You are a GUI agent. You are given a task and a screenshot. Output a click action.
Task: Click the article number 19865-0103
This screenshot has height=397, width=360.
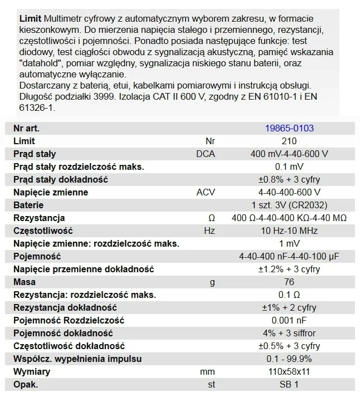tap(289, 128)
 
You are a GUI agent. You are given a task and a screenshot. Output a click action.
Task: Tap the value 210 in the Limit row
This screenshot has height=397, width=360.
tap(289, 141)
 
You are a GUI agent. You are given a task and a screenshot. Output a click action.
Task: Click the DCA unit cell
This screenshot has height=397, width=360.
tap(210, 154)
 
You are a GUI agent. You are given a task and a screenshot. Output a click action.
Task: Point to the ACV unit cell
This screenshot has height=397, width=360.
tap(210, 192)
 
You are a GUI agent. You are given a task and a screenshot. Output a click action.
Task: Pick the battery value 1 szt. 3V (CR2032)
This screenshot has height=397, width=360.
tap(289, 205)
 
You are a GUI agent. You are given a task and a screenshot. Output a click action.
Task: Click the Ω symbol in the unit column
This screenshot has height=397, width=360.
tap(210, 218)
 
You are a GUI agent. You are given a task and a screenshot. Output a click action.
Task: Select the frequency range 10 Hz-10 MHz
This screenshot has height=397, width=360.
tap(289, 231)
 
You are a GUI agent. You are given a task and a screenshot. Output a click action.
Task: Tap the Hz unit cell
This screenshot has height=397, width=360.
tap(210, 231)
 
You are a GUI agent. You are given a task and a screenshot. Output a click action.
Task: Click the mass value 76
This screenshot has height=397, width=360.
tap(289, 282)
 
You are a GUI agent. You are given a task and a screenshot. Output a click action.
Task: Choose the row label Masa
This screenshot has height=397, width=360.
tap(24, 282)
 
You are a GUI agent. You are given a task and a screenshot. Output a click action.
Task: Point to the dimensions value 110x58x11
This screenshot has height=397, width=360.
tap(289, 371)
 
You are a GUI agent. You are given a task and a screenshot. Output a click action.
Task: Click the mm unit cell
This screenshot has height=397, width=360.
tap(210, 371)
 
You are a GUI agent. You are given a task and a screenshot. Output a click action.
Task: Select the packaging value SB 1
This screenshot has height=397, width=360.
tap(289, 384)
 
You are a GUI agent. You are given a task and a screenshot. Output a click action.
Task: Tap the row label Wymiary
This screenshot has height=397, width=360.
tap(32, 371)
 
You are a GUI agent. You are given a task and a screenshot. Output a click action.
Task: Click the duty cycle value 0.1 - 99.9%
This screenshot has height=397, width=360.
tap(289, 359)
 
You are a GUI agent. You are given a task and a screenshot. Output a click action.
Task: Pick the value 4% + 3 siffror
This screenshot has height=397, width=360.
tap(289, 333)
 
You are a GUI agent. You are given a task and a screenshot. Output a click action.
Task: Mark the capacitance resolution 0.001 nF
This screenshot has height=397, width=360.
tap(289, 320)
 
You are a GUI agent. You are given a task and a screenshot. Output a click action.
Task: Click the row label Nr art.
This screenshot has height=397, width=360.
tap(26, 128)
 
